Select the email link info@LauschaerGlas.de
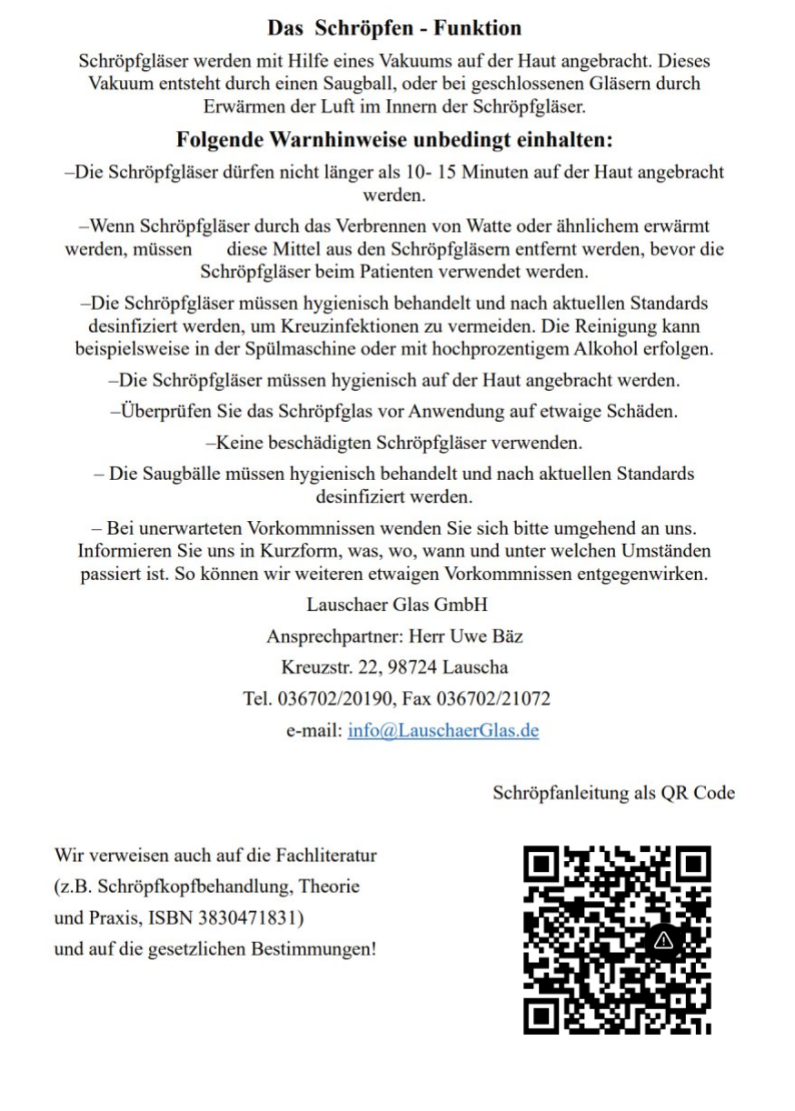(x=442, y=730)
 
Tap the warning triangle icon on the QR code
(x=663, y=939)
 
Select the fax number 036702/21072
(x=493, y=698)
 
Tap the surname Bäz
(x=505, y=636)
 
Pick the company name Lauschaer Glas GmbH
(x=397, y=605)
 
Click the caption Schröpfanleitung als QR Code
(x=613, y=792)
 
